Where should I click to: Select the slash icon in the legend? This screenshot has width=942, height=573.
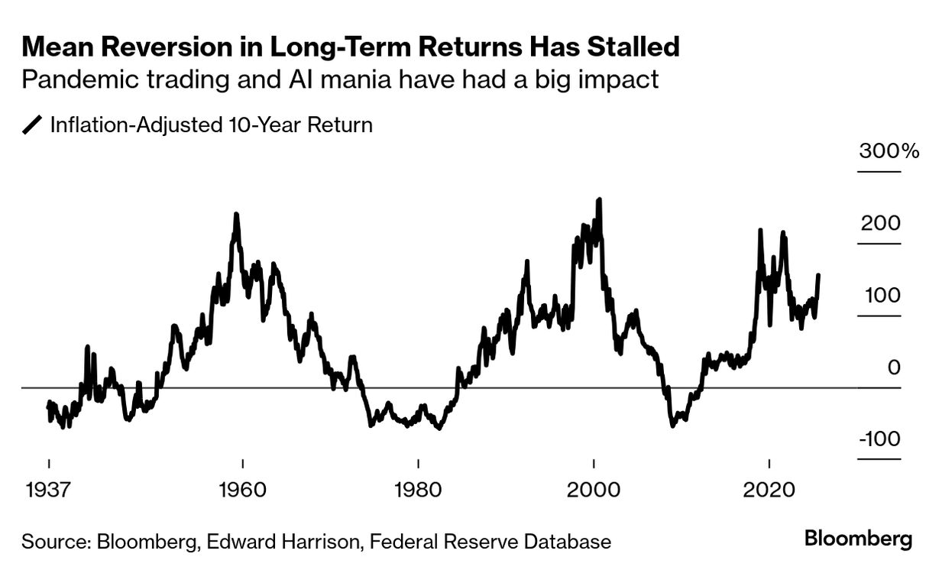[32, 125]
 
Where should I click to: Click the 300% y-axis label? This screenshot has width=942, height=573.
[889, 151]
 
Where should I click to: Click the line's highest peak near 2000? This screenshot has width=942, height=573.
[599, 200]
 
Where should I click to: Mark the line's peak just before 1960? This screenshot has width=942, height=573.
[236, 215]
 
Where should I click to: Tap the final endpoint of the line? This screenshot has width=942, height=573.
[818, 275]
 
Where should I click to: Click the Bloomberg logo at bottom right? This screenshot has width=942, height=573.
[858, 539]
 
